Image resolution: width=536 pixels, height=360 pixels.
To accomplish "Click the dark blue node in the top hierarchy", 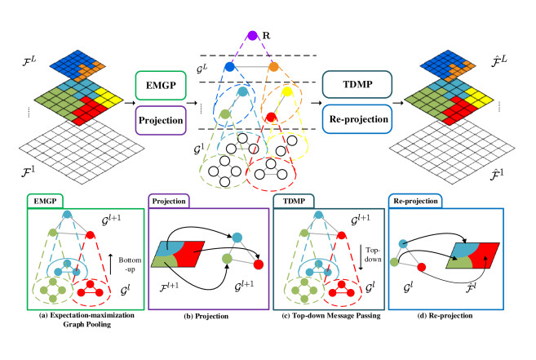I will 229,64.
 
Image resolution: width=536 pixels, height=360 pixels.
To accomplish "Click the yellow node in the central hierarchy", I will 287,93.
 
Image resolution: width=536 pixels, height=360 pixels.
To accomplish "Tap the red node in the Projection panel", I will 259,264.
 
